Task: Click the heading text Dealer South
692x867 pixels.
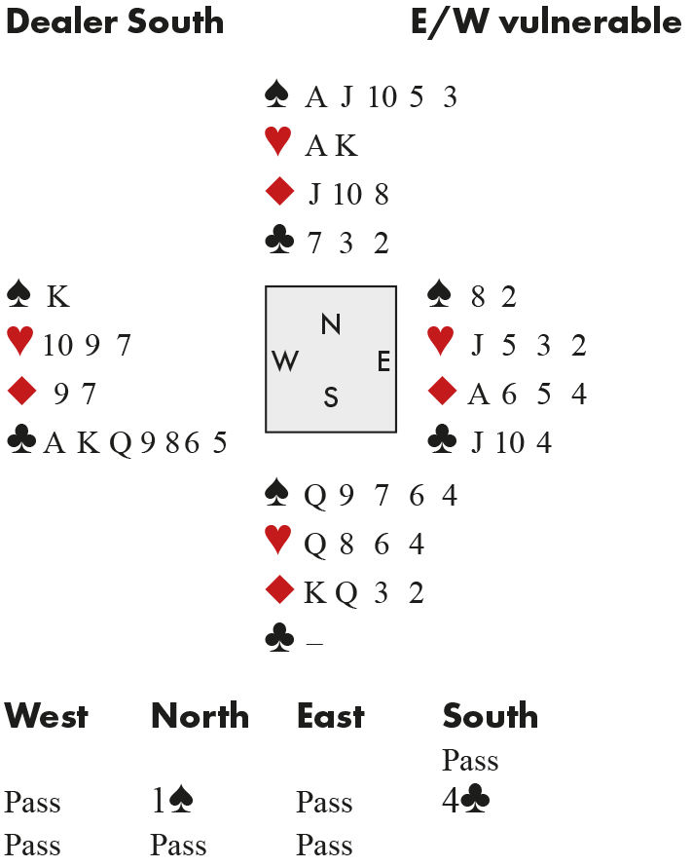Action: [x=114, y=22]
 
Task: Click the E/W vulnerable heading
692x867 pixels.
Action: [x=546, y=22]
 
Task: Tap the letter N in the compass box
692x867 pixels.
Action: [x=331, y=325]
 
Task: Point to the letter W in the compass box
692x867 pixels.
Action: [x=285, y=361]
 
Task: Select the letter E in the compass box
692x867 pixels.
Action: [x=383, y=361]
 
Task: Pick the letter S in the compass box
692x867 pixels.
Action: [x=331, y=397]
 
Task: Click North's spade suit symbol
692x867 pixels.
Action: [x=277, y=95]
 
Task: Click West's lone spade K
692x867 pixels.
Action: [x=57, y=296]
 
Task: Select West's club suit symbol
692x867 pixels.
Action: [x=21, y=443]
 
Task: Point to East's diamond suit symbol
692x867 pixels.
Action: [x=442, y=394]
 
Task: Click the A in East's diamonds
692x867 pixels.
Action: [x=478, y=395]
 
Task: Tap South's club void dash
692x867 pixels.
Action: [x=313, y=642]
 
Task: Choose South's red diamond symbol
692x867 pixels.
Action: [x=279, y=591]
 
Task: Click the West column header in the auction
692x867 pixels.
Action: [x=46, y=717]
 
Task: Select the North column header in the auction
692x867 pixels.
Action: [x=200, y=717]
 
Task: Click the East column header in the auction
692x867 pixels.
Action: [x=331, y=717]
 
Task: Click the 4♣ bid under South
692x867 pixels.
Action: [x=465, y=802]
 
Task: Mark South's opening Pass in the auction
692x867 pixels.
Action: [x=470, y=760]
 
